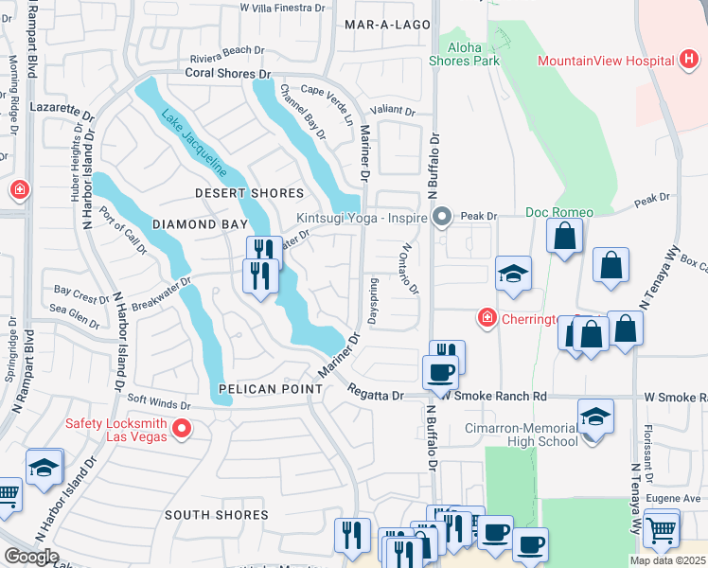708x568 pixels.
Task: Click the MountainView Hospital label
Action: tap(605, 62)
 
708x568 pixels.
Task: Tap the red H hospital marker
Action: tap(690, 62)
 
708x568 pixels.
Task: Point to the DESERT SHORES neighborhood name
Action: tap(249, 193)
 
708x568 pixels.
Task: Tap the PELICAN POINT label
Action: tap(261, 389)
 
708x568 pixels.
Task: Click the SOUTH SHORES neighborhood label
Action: tap(217, 515)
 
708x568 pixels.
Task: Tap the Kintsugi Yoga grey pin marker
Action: tap(441, 219)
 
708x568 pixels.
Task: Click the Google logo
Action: tap(31, 557)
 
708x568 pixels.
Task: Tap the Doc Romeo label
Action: tap(559, 212)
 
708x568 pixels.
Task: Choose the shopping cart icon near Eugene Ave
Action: tap(660, 527)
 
